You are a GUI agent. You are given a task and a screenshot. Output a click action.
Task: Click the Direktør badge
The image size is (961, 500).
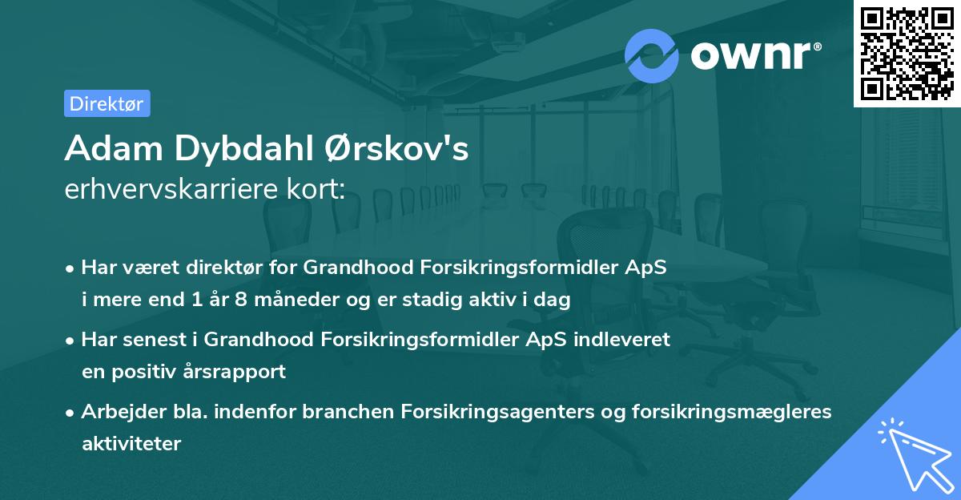(107, 103)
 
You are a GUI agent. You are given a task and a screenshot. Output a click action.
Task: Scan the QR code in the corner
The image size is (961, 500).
(906, 53)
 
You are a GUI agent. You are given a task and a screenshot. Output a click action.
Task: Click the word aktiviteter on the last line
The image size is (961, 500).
(131, 443)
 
